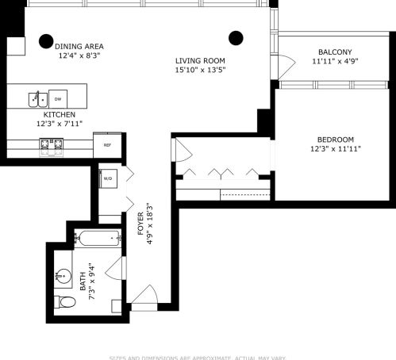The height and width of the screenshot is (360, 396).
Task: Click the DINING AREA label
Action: coord(79,46)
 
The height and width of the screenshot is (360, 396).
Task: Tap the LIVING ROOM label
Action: coord(200,60)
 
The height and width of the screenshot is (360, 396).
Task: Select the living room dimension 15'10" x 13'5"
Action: coord(200,70)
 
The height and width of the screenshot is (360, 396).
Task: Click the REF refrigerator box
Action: coord(107,145)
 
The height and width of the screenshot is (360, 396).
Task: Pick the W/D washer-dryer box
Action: coord(108,179)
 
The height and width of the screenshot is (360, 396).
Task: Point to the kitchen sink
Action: coord(36,99)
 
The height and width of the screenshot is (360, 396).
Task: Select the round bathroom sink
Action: coord(62,277)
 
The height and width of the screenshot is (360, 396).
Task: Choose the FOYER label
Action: coord(140,221)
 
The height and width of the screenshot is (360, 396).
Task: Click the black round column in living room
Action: coord(235,36)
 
